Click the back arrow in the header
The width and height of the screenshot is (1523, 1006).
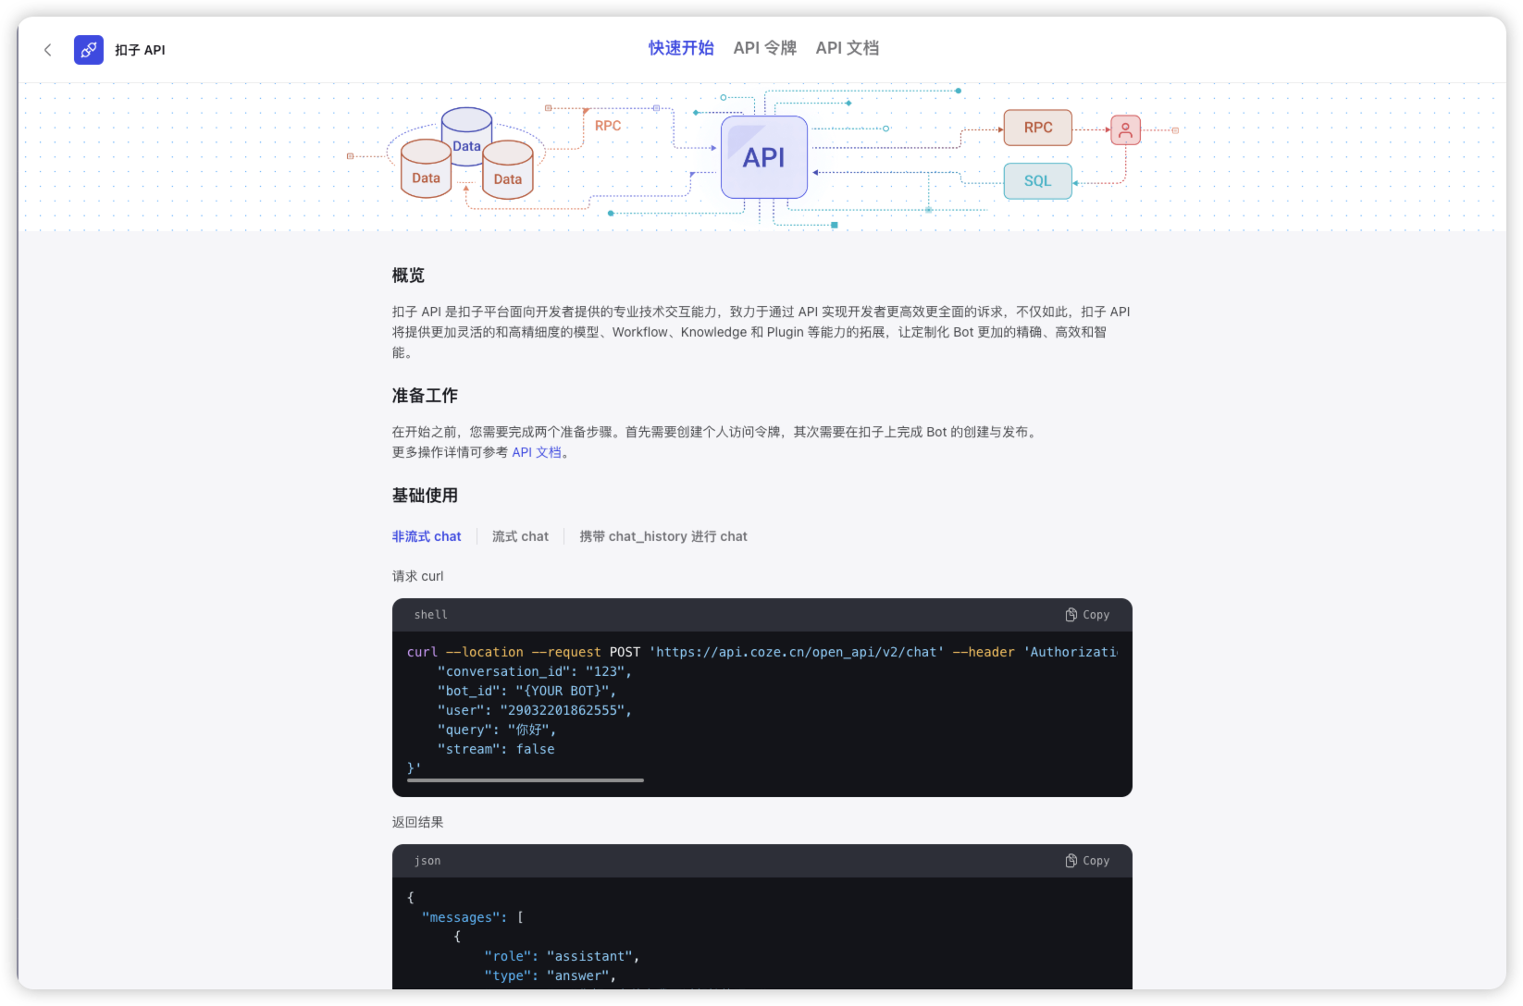[x=47, y=50]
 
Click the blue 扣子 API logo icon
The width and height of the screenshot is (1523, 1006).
[x=89, y=50]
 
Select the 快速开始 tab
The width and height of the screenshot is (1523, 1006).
[x=681, y=48]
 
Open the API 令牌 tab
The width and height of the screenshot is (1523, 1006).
[x=765, y=48]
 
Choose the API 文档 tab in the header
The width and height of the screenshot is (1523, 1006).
[x=848, y=48]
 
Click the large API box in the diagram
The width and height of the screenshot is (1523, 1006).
[x=764, y=157]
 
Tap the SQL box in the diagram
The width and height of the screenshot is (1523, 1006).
[x=1037, y=180]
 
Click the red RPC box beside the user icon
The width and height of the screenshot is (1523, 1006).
[x=1037, y=128]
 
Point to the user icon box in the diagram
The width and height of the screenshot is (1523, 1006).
[x=1125, y=129]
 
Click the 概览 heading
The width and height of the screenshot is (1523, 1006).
[x=408, y=276]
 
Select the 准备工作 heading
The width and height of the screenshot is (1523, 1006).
[x=425, y=396]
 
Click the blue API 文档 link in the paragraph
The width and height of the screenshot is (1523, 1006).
[x=537, y=452]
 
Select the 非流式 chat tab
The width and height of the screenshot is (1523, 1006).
[x=427, y=536]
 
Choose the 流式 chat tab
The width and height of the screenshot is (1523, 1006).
[x=520, y=536]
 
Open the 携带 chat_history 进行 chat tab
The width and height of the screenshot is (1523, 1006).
[x=662, y=536]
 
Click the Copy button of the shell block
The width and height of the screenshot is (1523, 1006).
[x=1087, y=615]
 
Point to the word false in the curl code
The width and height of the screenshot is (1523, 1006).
[x=535, y=749]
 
